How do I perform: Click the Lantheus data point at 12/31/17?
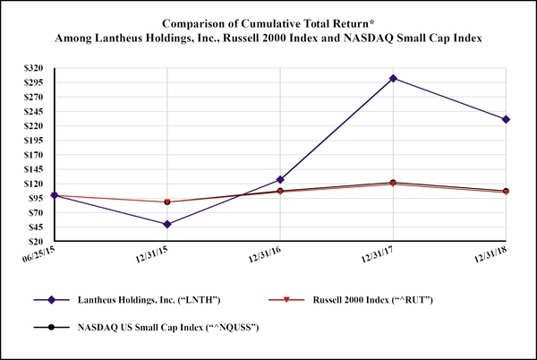(x=392, y=79)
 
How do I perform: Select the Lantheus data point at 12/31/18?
(x=506, y=119)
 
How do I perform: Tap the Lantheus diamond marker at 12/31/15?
(x=167, y=224)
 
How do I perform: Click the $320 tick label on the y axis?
(x=38, y=68)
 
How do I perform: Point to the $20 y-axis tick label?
(x=40, y=242)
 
